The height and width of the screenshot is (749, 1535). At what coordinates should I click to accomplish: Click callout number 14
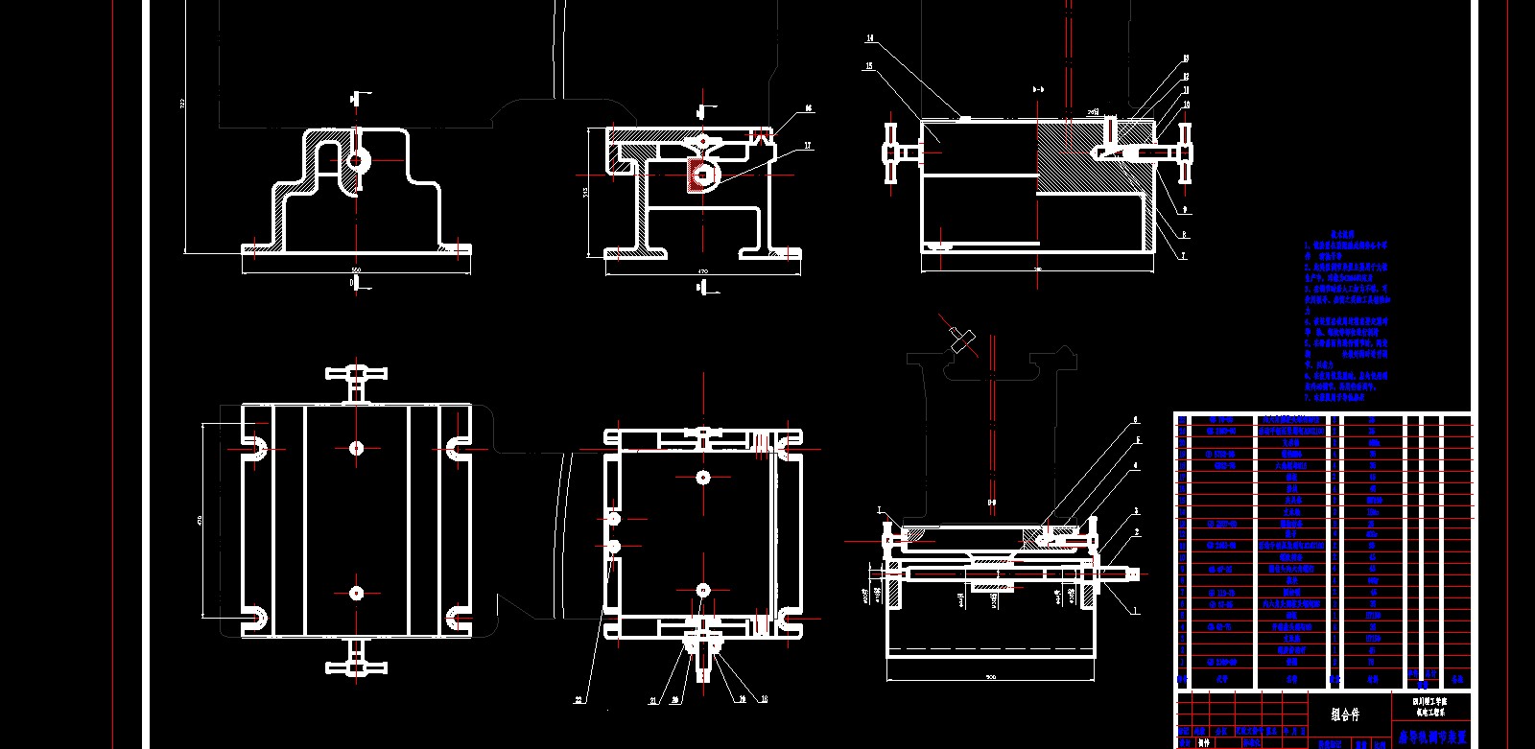coord(870,39)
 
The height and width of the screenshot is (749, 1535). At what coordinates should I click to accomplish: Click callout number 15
coord(869,66)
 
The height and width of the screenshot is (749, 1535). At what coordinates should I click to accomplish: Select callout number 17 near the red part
coord(808,147)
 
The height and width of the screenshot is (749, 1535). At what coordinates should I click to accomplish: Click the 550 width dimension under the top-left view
coord(356,270)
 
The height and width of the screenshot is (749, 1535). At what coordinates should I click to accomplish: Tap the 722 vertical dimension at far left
coord(182,103)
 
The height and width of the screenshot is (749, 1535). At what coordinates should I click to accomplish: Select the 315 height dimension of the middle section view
coord(585,192)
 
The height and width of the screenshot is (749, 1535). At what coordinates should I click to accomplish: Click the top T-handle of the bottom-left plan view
coord(356,375)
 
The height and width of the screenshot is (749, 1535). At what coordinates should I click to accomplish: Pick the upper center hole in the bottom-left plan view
coord(357,448)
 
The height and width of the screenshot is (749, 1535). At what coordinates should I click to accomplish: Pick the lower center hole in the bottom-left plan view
coord(357,593)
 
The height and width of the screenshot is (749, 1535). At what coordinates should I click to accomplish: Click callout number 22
coord(578,700)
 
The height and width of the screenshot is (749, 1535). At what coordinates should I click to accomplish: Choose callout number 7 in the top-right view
coord(1184,256)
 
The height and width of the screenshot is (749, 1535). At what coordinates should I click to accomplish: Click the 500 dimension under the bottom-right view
coord(990,677)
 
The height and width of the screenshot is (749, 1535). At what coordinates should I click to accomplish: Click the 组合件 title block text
coord(1345,714)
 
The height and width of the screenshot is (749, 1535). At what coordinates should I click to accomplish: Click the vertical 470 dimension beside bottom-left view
coord(200,520)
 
